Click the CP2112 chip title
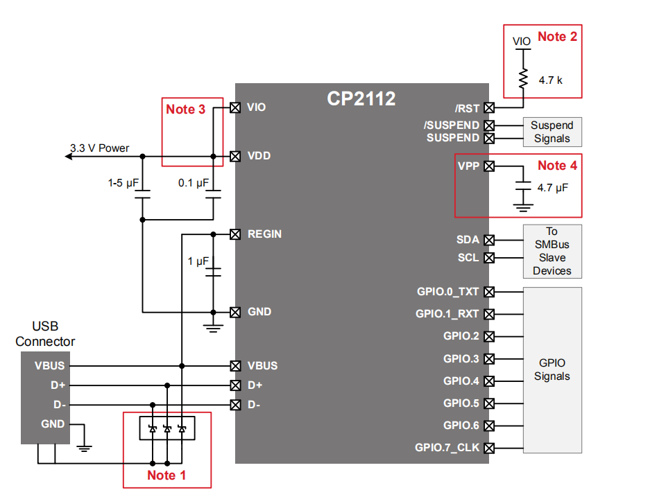[361, 99]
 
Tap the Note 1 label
[166, 475]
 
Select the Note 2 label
[557, 37]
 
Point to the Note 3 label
[185, 110]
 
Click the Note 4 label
[557, 166]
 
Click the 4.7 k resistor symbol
[522, 79]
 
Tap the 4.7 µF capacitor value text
[553, 188]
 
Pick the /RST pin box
[489, 107]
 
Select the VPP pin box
[489, 166]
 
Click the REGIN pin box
[235, 234]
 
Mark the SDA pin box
[489, 240]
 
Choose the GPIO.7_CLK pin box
[489, 448]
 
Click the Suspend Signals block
[551, 132]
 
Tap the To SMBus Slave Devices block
[551, 251]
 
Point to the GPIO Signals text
[551, 369]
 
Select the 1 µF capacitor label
[198, 261]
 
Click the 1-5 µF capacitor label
[124, 184]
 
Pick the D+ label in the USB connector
[58, 385]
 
